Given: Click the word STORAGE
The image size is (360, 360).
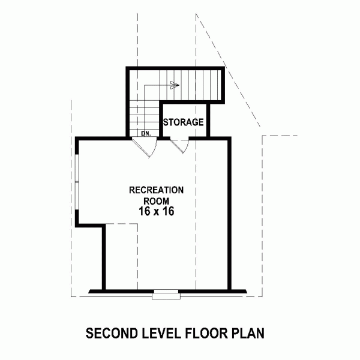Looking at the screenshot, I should pos(184,122).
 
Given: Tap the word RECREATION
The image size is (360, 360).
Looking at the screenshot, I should pos(156,190).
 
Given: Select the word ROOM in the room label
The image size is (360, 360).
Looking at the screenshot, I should pos(156,200).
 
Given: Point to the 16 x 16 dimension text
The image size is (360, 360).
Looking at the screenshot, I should pos(156,212).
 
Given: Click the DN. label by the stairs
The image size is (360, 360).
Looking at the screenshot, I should pos(145,133).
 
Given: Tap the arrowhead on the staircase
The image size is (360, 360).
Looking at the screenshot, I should pos(175,85).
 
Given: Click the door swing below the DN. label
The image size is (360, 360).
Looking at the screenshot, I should pos(146,146).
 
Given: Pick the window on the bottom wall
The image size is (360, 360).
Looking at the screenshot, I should pos(166,293).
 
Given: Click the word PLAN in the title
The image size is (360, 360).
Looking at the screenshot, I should pos(247,332).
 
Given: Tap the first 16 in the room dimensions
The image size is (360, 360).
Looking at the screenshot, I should pos(144,212).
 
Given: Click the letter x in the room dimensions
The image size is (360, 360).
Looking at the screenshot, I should pos(156,212).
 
